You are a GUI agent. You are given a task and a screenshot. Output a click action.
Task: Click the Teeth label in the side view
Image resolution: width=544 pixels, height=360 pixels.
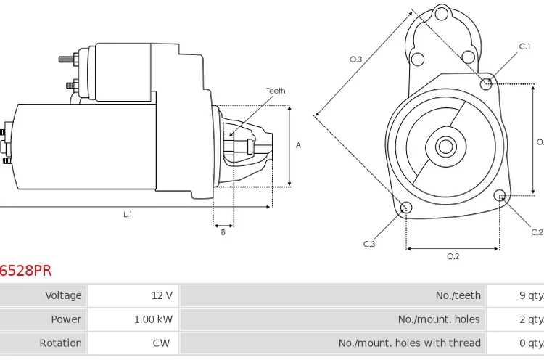point(276,91)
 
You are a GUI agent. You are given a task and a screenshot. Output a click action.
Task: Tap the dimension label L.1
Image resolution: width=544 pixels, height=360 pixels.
point(128,215)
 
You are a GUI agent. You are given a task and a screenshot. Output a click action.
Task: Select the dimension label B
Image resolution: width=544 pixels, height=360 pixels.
point(223,233)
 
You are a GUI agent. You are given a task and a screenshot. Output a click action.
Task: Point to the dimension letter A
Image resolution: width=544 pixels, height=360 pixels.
point(298,145)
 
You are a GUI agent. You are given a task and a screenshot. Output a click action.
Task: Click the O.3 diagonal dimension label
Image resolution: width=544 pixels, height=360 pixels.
point(355,60)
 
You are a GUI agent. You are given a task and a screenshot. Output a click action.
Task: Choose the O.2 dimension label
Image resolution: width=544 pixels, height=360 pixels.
point(453,256)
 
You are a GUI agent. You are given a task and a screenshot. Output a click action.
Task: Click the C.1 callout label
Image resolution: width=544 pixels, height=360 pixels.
point(524,46)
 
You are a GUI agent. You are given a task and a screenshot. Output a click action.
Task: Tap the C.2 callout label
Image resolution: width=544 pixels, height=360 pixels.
point(536,232)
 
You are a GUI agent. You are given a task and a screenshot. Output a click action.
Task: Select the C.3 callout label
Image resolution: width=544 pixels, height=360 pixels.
point(369,244)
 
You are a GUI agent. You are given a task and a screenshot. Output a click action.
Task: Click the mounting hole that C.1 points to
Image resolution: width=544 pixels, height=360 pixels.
point(487,84)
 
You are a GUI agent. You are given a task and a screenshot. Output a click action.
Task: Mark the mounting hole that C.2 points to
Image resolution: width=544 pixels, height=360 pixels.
point(500,195)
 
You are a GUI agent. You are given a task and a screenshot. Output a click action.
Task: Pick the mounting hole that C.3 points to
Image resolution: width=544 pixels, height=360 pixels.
point(406,209)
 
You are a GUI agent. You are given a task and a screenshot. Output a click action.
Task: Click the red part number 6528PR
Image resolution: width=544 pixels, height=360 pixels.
point(25,271)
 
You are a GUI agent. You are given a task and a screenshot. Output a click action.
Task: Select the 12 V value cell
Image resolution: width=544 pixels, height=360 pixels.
point(162,295)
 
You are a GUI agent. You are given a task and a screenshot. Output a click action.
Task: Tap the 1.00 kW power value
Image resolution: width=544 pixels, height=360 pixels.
point(153,319)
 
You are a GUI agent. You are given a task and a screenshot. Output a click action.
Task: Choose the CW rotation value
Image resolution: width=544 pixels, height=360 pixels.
point(161,343)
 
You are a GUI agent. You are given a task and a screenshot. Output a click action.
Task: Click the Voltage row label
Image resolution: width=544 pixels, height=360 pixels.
point(63,295)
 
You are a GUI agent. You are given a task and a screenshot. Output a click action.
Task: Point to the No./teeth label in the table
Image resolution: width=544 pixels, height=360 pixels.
point(458,295)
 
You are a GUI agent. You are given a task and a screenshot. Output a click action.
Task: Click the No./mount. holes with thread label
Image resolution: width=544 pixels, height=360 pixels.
point(409,343)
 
